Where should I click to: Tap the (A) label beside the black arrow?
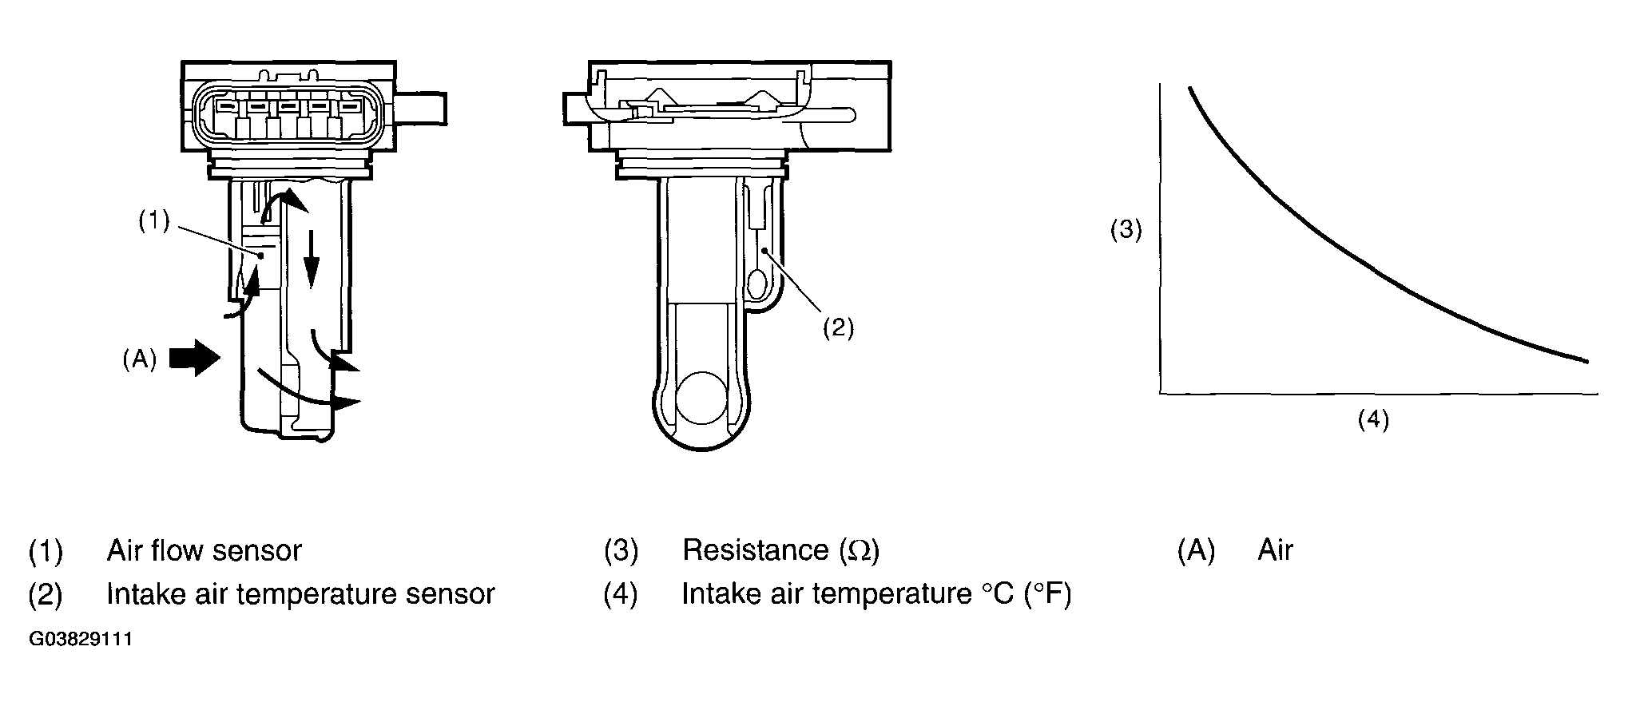coord(139,360)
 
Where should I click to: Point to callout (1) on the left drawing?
coord(153,221)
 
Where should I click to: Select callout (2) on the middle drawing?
coord(839,328)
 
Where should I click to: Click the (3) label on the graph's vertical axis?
coord(1126,230)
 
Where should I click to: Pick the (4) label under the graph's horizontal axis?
coord(1373,419)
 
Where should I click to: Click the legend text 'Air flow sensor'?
coord(204,550)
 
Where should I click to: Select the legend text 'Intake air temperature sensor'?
coord(300,594)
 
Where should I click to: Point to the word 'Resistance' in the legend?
coord(756,550)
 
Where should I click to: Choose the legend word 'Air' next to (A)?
coord(1275,550)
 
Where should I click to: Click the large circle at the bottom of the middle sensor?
coord(702,398)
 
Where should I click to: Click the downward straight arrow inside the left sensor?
coord(312,264)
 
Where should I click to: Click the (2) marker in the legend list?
coord(45,594)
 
